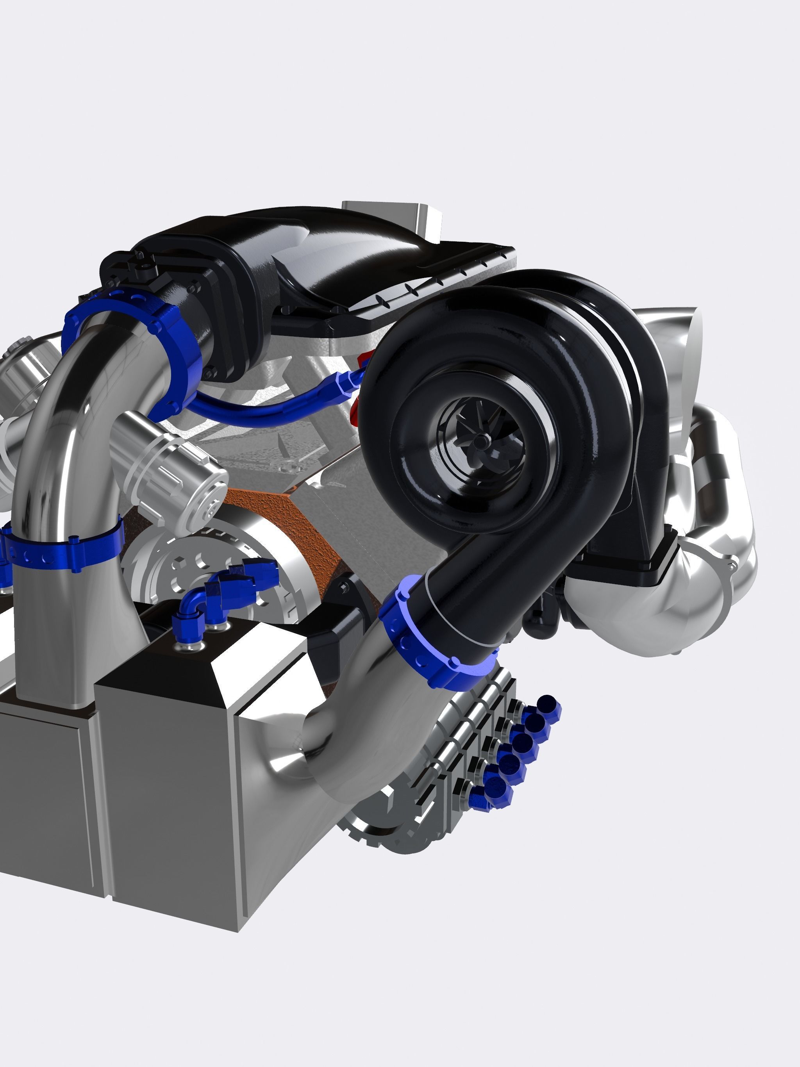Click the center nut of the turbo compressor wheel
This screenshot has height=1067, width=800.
(480, 440)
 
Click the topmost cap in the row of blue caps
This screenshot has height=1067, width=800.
(547, 705)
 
